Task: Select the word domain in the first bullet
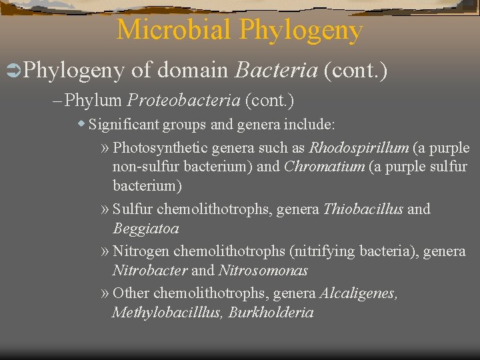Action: pos(193,70)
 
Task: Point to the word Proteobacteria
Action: pos(183,101)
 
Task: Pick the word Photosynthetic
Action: pos(159,147)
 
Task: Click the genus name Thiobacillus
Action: pos(363,209)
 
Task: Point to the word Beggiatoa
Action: pos(145,228)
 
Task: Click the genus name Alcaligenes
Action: pos(359,293)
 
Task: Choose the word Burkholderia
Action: pos(271,312)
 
